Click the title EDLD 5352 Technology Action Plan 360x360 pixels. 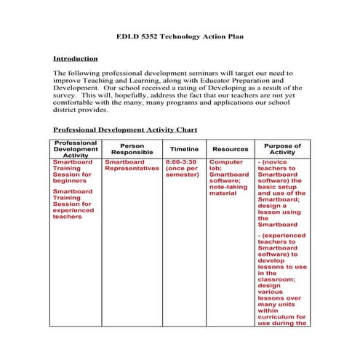tap(179, 36)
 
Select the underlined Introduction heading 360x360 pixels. tap(76, 58)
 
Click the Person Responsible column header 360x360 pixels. tap(132, 148)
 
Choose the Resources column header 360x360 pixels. tap(230, 148)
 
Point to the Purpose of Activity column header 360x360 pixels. tap(282, 148)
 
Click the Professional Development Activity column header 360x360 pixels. tap(76, 148)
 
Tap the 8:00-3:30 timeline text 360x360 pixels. tap(181, 161)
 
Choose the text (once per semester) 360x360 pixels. tap(181, 172)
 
